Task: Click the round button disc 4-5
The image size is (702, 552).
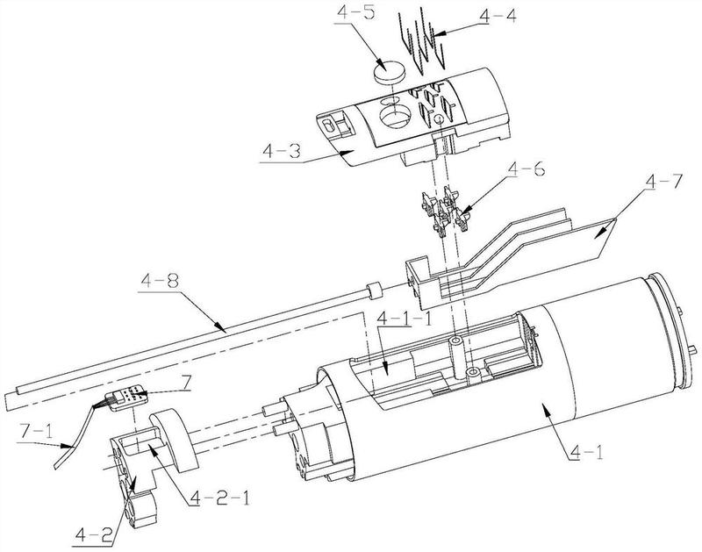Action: click(x=389, y=71)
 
